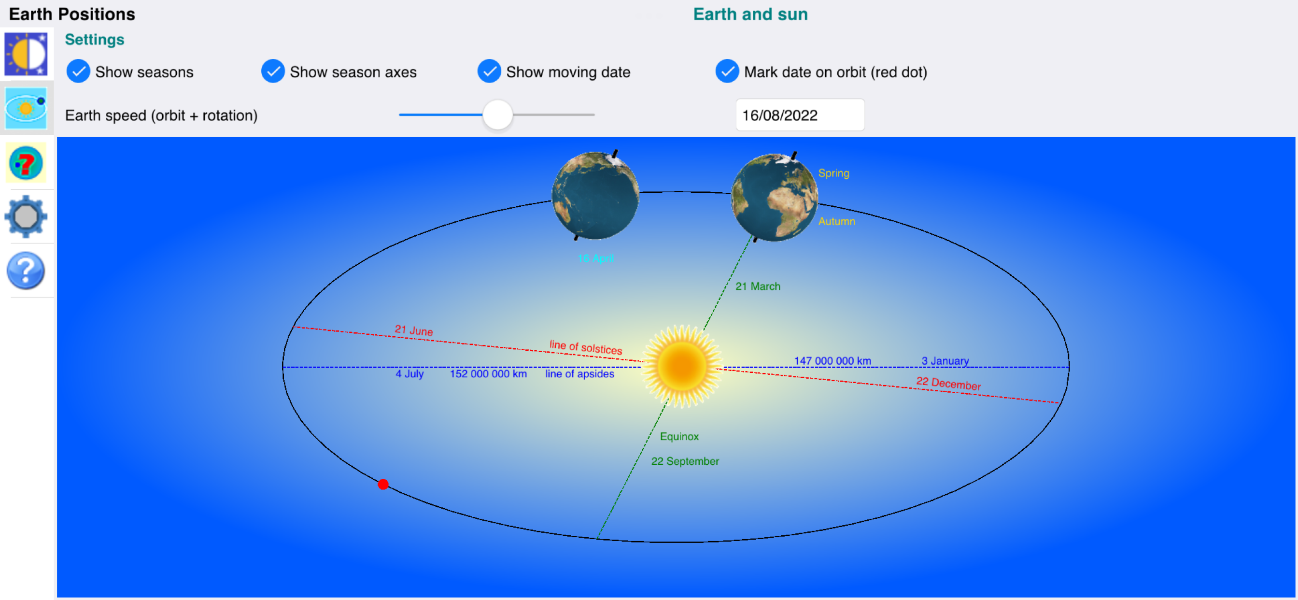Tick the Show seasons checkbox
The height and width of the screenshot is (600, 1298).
tap(78, 71)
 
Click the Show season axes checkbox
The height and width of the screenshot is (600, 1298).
tap(273, 71)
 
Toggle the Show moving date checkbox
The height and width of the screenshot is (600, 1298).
tap(489, 71)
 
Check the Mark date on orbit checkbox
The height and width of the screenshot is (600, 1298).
tap(727, 71)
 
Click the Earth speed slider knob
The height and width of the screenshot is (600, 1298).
tap(497, 115)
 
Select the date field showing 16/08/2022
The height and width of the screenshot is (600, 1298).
tap(800, 115)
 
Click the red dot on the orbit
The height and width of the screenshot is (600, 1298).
tap(383, 485)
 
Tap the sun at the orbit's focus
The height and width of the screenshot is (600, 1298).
tap(682, 367)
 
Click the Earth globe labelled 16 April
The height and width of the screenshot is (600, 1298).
tap(595, 196)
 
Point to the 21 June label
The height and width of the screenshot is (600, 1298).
tap(414, 330)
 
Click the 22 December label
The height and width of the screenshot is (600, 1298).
tap(948, 384)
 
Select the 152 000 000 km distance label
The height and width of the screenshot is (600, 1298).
tap(488, 373)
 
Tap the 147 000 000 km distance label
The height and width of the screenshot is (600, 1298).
tap(832, 360)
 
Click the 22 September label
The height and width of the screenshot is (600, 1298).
tap(685, 461)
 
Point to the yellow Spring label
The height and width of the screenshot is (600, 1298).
tap(833, 173)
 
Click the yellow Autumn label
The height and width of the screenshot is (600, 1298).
tap(836, 221)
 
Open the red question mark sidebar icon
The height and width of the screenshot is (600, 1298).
tap(26, 163)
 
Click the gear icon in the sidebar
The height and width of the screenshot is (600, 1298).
tap(26, 217)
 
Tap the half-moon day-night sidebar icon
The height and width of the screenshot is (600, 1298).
tap(26, 54)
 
